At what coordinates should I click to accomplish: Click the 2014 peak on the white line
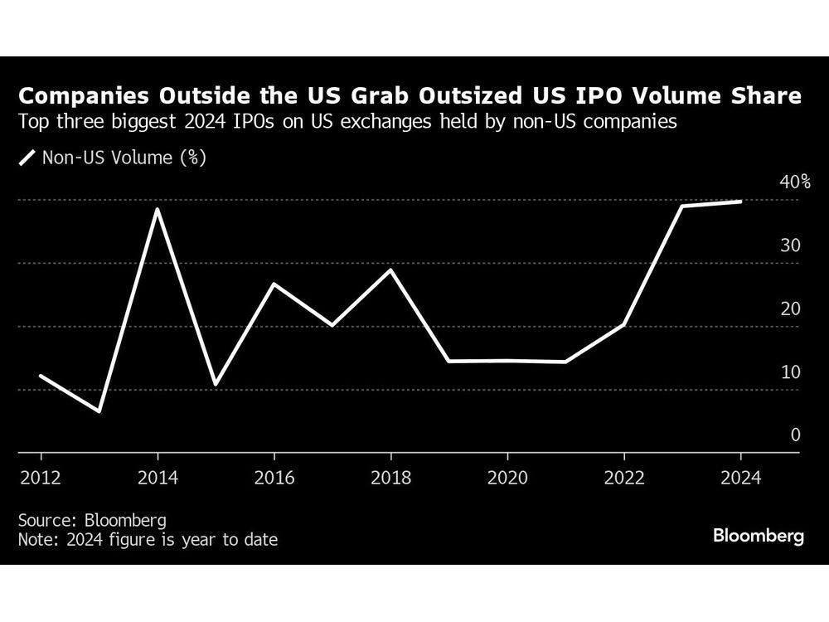tap(158, 209)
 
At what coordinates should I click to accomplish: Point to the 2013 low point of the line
tap(99, 411)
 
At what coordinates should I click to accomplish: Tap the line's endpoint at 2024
tap(740, 202)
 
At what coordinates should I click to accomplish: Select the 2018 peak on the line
tap(390, 270)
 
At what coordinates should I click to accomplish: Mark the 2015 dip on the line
tap(216, 384)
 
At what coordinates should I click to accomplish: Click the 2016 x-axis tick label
tap(274, 479)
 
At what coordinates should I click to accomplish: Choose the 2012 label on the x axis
tap(41, 479)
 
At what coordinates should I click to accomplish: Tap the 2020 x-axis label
tap(507, 479)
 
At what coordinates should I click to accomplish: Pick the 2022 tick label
tap(623, 479)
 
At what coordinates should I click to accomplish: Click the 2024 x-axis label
tap(739, 479)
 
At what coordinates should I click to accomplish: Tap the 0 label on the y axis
tap(795, 435)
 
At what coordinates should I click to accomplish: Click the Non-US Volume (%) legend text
tap(124, 157)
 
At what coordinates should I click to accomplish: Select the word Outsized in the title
tap(474, 97)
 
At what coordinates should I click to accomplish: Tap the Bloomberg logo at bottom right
tap(758, 536)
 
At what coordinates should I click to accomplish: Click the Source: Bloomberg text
tap(92, 520)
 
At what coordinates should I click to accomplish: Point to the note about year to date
tap(148, 540)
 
